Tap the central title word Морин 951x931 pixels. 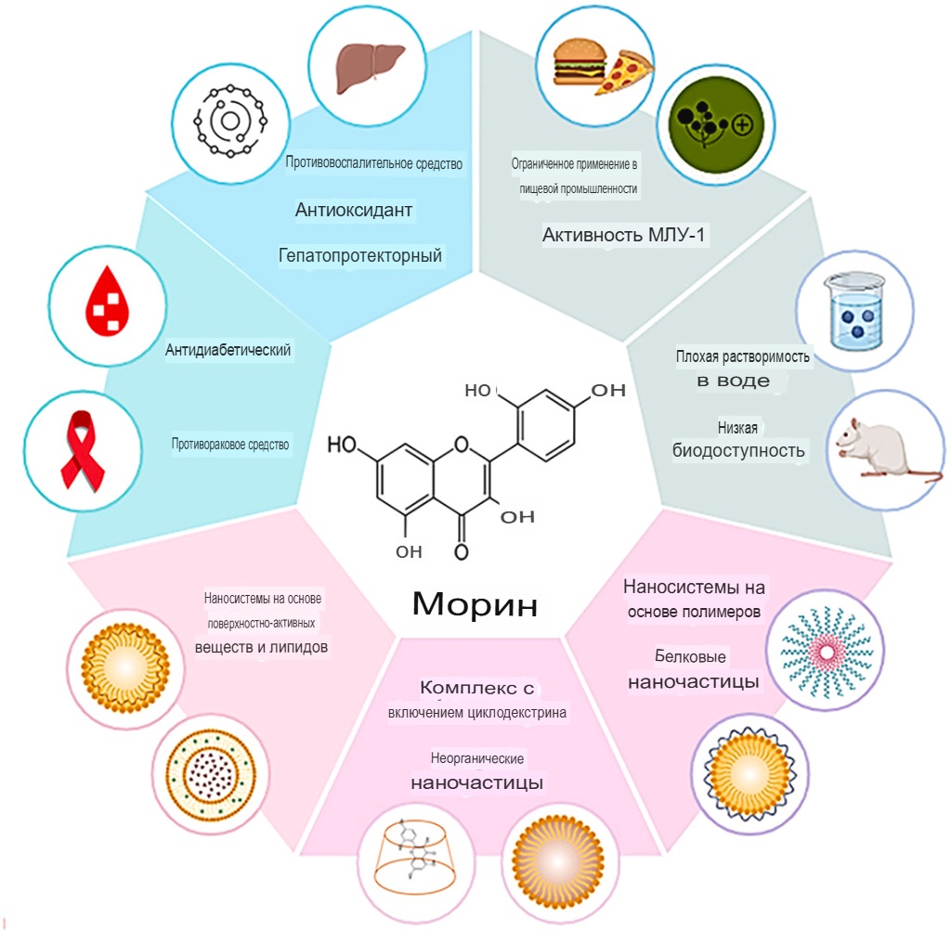pyautogui.click(x=475, y=604)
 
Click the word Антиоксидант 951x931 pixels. pyautogui.click(x=354, y=211)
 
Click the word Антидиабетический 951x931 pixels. pyautogui.click(x=228, y=350)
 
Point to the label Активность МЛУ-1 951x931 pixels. pyautogui.click(x=625, y=235)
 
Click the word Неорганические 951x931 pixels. pyautogui.click(x=478, y=758)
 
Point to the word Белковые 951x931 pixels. pyautogui.click(x=690, y=656)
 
